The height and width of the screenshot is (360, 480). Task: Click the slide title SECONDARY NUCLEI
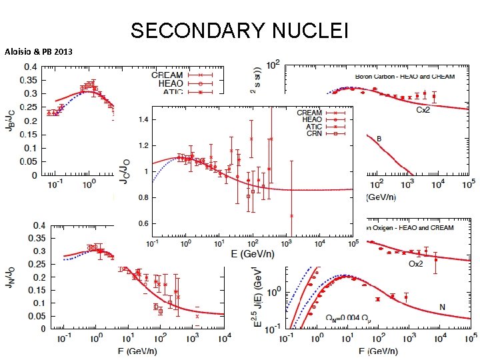coord(239,31)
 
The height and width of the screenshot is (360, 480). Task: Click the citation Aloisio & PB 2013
coord(38,51)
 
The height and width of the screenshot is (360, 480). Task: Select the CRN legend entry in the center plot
coord(310,134)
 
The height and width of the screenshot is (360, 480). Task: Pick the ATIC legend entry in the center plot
coord(310,127)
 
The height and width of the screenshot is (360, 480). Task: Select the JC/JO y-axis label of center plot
coord(124,171)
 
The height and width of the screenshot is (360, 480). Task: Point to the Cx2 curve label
coord(423,109)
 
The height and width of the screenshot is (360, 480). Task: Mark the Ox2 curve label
coord(416,263)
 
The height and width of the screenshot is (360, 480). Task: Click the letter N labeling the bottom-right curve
coord(441,307)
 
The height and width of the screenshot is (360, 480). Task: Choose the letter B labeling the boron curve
coord(379,139)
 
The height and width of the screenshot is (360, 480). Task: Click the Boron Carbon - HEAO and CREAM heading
coord(405,77)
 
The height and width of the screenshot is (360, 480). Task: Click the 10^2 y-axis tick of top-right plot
coord(272,66)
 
